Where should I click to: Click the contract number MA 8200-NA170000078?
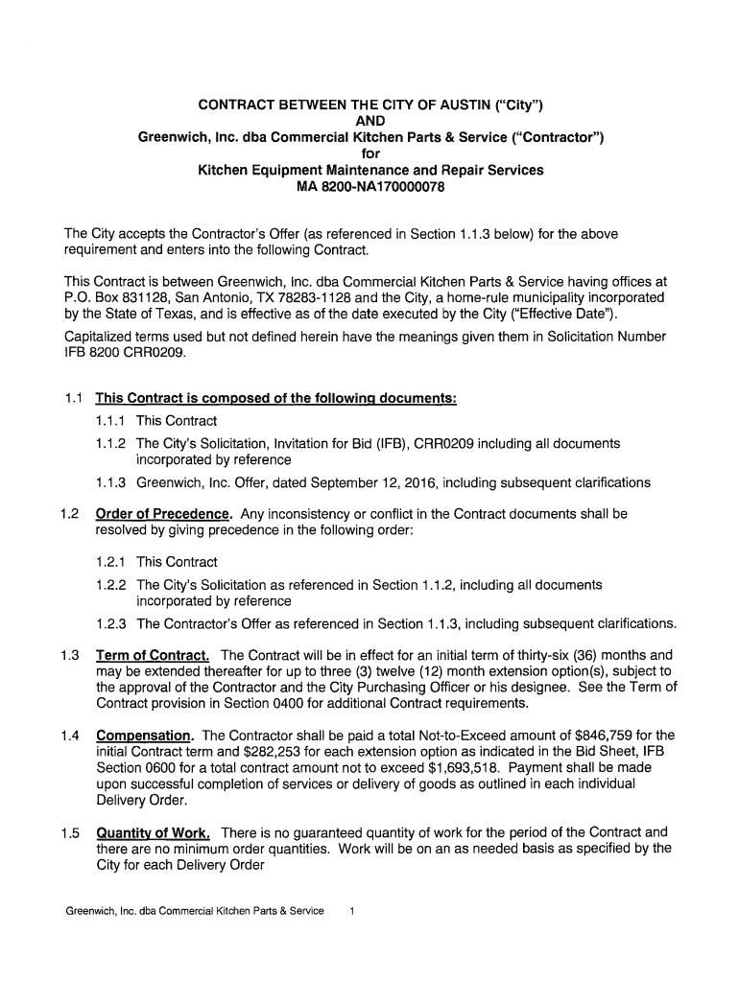pos(369,187)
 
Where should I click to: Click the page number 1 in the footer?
pos(353,910)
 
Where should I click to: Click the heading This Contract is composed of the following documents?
pos(275,399)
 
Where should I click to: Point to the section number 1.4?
pos(67,736)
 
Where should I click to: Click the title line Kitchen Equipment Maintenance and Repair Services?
pos(369,170)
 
